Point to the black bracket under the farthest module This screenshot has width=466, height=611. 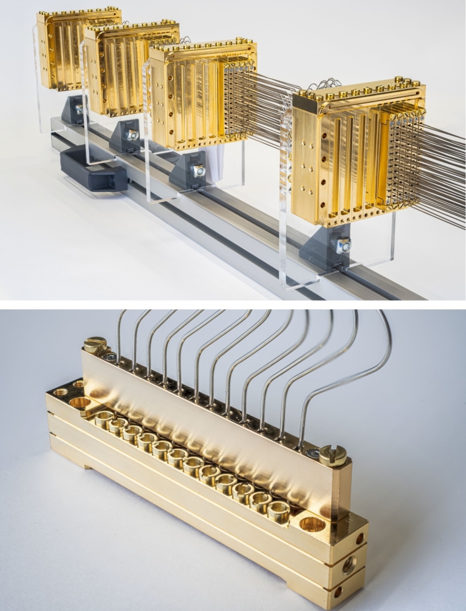[x=73, y=110]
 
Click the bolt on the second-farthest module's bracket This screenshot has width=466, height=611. [x=132, y=135]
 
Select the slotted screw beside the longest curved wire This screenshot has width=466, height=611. [x=333, y=455]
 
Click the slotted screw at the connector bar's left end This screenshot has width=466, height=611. [x=95, y=344]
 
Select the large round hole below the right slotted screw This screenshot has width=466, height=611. [x=313, y=524]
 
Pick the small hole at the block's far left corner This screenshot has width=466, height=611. [x=60, y=392]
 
